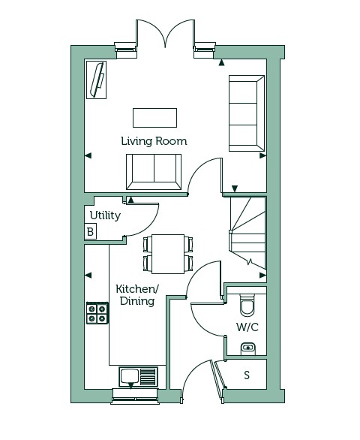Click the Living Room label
(154, 141)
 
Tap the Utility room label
(105, 215)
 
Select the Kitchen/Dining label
(137, 294)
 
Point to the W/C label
(247, 327)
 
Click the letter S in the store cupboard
(247, 375)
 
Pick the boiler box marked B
(90, 231)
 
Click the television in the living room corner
(97, 80)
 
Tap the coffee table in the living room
(154, 118)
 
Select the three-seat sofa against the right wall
(247, 113)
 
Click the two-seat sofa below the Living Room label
(154, 172)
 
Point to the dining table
(168, 254)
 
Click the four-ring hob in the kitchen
(97, 313)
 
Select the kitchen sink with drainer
(138, 377)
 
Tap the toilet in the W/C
(247, 304)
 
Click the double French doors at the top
(166, 33)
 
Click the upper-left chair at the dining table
(147, 244)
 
